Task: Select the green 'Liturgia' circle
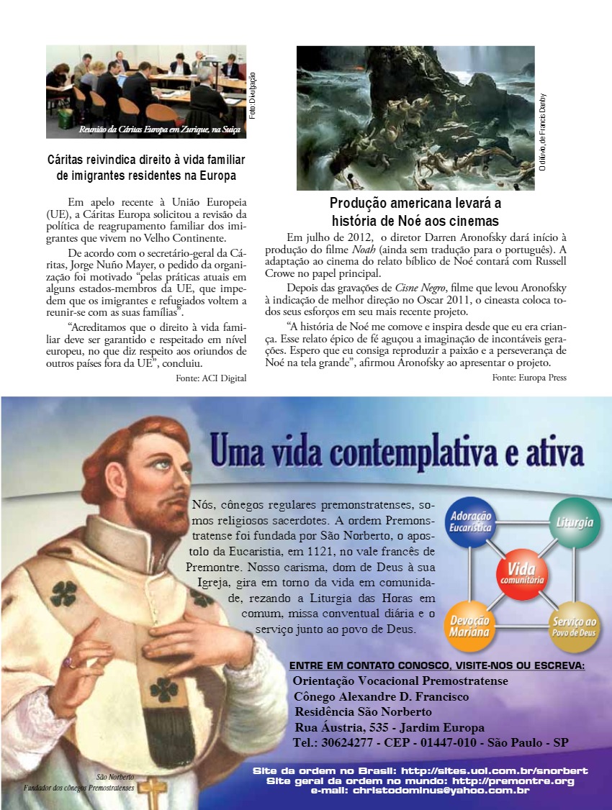[573, 522]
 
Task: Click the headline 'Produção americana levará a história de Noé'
[415, 211]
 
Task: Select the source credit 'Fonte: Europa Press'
[529, 378]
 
